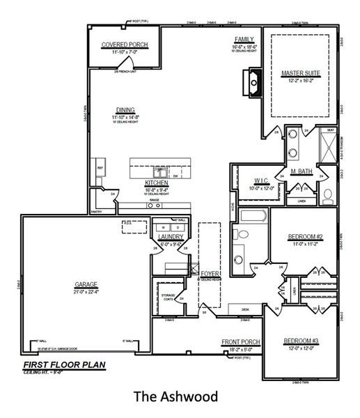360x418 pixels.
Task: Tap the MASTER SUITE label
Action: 300,72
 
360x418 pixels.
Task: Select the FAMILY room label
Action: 244,40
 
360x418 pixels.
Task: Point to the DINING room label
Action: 126,109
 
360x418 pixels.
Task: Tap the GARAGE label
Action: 86,284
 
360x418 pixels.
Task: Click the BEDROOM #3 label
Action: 300,341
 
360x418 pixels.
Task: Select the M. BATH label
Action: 301,171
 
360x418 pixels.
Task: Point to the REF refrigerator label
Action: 100,168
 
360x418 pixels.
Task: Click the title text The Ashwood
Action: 175,397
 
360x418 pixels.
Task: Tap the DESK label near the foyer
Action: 244,309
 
